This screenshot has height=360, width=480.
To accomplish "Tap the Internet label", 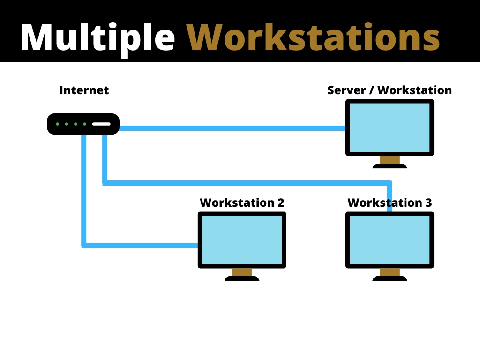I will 84,90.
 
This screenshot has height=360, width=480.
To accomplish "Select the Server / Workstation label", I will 390,90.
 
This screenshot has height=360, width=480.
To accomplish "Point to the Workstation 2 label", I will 242,202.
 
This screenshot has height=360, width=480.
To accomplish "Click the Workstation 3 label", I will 390,202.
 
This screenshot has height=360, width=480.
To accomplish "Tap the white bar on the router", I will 101,124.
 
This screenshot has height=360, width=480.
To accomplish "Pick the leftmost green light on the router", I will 58,124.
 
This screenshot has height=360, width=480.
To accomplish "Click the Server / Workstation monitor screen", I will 390,127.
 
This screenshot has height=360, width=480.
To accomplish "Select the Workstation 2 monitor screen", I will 242,240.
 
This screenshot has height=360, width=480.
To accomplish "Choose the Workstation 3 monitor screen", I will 390,240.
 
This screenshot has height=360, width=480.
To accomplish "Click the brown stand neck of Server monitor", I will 390,160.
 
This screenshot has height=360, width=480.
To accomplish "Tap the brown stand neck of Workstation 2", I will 242,272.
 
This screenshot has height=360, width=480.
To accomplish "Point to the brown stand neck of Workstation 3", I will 390,272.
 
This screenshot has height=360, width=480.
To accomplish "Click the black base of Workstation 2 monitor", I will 242,278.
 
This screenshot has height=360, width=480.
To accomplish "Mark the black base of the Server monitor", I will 390,166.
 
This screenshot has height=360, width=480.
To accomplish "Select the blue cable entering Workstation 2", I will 141,245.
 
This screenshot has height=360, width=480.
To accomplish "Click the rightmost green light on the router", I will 84,124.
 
